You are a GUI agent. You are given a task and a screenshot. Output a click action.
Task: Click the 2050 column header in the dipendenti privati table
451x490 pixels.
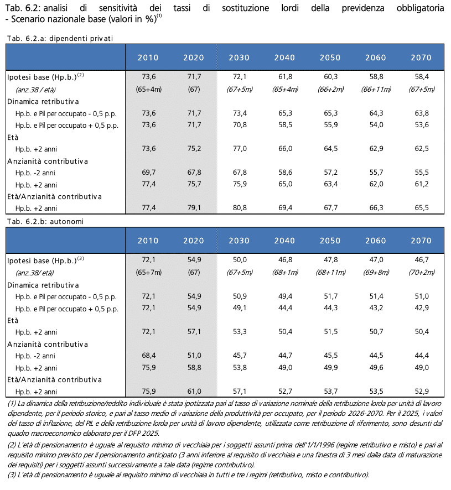click(x=330, y=58)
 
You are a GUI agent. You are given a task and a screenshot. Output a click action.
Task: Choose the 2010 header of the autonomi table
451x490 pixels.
click(x=148, y=241)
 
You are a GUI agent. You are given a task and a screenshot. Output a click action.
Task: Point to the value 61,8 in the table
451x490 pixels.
click(x=284, y=76)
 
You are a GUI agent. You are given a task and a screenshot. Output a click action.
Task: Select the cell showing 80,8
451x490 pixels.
click(x=239, y=208)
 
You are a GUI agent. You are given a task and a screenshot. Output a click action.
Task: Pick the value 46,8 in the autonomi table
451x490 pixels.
click(x=284, y=259)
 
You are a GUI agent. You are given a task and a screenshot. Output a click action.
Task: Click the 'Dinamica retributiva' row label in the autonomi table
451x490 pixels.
click(x=43, y=285)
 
